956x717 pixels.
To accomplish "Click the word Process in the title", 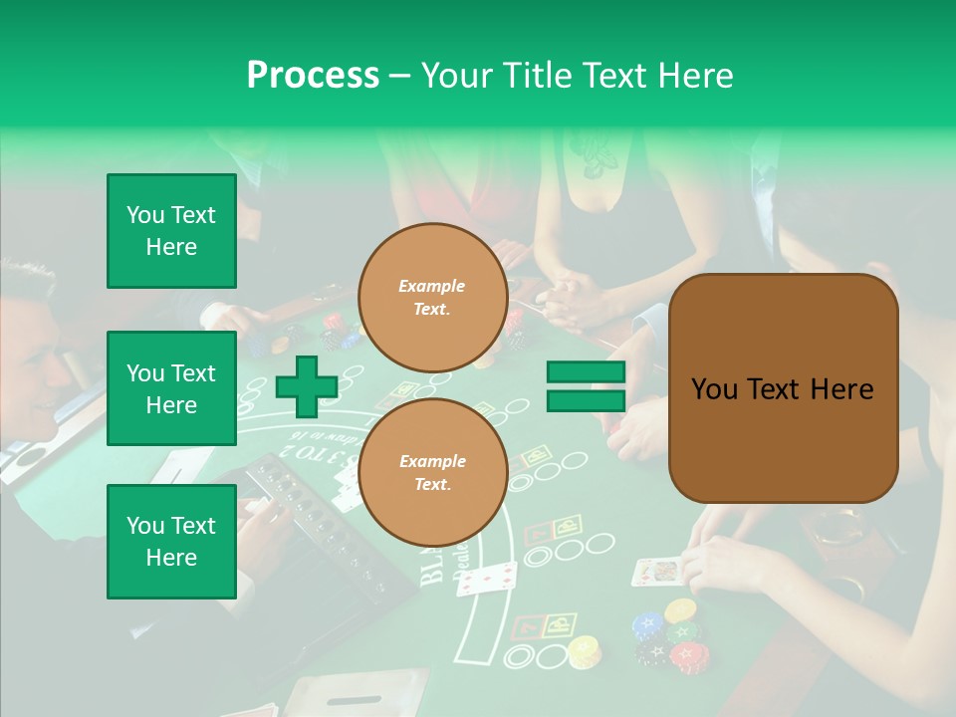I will pyautogui.click(x=313, y=75).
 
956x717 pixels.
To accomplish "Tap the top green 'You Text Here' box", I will pyautogui.click(x=171, y=231).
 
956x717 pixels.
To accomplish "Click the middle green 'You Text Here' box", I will pyautogui.click(x=171, y=388).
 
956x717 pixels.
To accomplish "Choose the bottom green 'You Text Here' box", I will pyautogui.click(x=171, y=541).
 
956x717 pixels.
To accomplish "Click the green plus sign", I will pyautogui.click(x=307, y=386).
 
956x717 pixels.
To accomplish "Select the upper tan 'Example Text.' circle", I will pyautogui.click(x=432, y=298).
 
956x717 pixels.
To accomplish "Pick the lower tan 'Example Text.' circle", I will pyautogui.click(x=432, y=473).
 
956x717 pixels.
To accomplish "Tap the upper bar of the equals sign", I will pyautogui.click(x=586, y=372).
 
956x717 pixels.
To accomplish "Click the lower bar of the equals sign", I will pyautogui.click(x=586, y=400).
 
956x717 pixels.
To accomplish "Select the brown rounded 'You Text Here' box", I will pyautogui.click(x=783, y=388).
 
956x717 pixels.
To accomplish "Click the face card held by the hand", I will pyautogui.click(x=656, y=571).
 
